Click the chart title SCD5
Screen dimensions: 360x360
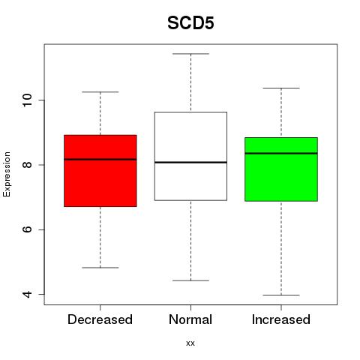pyautogui.click(x=190, y=23)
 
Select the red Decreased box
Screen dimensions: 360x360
pyautogui.click(x=100, y=171)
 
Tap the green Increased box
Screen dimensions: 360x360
pyautogui.click(x=281, y=169)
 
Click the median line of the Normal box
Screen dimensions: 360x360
pyautogui.click(x=190, y=163)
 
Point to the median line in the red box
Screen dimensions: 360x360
pyautogui.click(x=100, y=159)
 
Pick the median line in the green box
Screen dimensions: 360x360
pyautogui.click(x=281, y=153)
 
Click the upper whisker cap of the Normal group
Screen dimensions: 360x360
pyautogui.click(x=190, y=54)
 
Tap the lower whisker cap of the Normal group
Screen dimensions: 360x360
pyautogui.click(x=190, y=280)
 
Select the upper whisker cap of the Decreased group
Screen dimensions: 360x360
pyautogui.click(x=100, y=92)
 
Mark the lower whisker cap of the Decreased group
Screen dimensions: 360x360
pyautogui.click(x=100, y=268)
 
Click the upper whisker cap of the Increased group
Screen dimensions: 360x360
pyautogui.click(x=281, y=88)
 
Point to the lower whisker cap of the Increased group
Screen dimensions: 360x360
pyautogui.click(x=281, y=295)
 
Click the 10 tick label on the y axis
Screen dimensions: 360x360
pyautogui.click(x=27, y=100)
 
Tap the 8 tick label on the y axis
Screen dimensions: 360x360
pyautogui.click(x=27, y=165)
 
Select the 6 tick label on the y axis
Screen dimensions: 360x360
pyautogui.click(x=27, y=229)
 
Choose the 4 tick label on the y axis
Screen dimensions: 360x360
pyautogui.click(x=27, y=294)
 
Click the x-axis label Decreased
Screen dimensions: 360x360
pyautogui.click(x=100, y=319)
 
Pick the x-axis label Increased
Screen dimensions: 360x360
pyautogui.click(x=281, y=319)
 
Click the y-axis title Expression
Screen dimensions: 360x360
pyautogui.click(x=7, y=174)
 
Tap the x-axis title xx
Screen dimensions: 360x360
pyautogui.click(x=190, y=343)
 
